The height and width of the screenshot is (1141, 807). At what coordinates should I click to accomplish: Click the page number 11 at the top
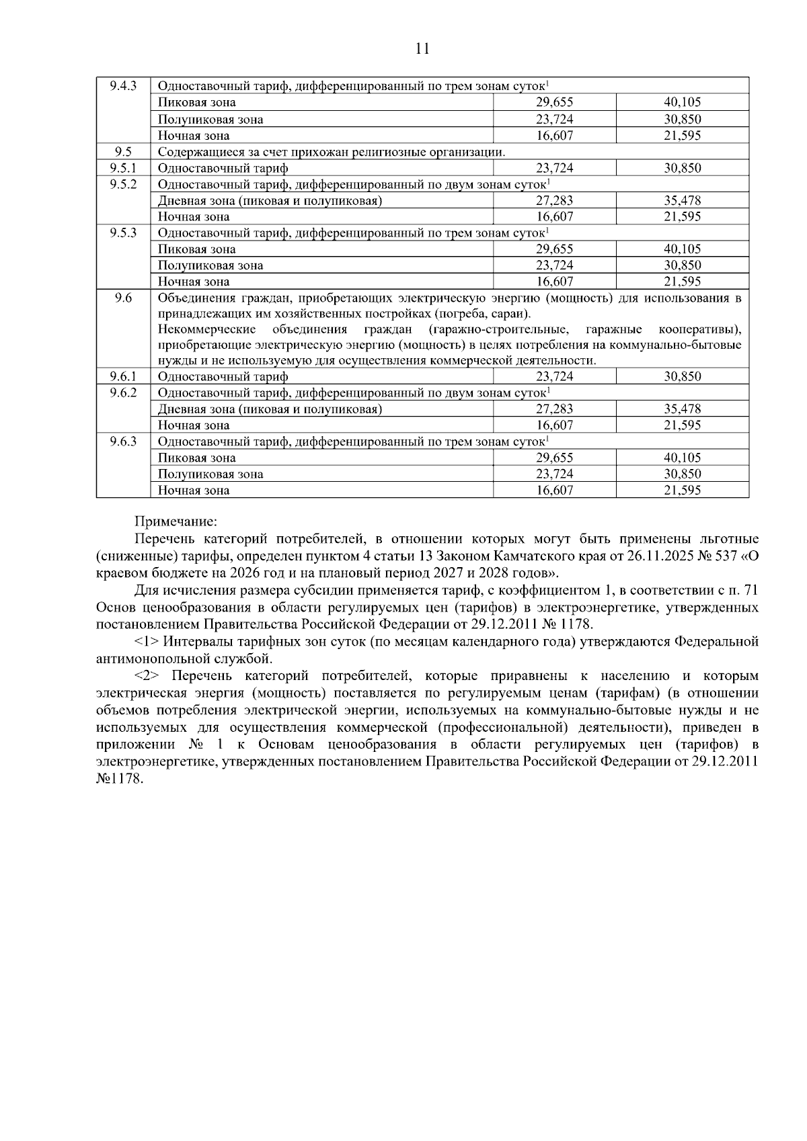422,48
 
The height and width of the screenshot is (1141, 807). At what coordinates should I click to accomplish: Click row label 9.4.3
123,86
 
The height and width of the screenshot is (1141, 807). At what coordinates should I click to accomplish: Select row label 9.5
123,152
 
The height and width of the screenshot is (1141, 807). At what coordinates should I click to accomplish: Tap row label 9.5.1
123,168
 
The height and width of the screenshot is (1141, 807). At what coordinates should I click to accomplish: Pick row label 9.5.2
123,184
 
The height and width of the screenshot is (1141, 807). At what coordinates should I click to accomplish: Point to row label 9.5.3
123,233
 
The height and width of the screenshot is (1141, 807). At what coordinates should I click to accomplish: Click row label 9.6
123,298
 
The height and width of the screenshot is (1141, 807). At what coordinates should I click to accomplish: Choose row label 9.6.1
123,377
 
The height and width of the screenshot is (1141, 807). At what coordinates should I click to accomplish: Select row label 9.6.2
123,392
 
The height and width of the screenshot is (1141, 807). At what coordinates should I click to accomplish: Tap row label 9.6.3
123,441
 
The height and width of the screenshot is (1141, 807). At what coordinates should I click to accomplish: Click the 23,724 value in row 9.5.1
554,168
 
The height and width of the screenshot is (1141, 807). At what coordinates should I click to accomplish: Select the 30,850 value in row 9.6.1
682,377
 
